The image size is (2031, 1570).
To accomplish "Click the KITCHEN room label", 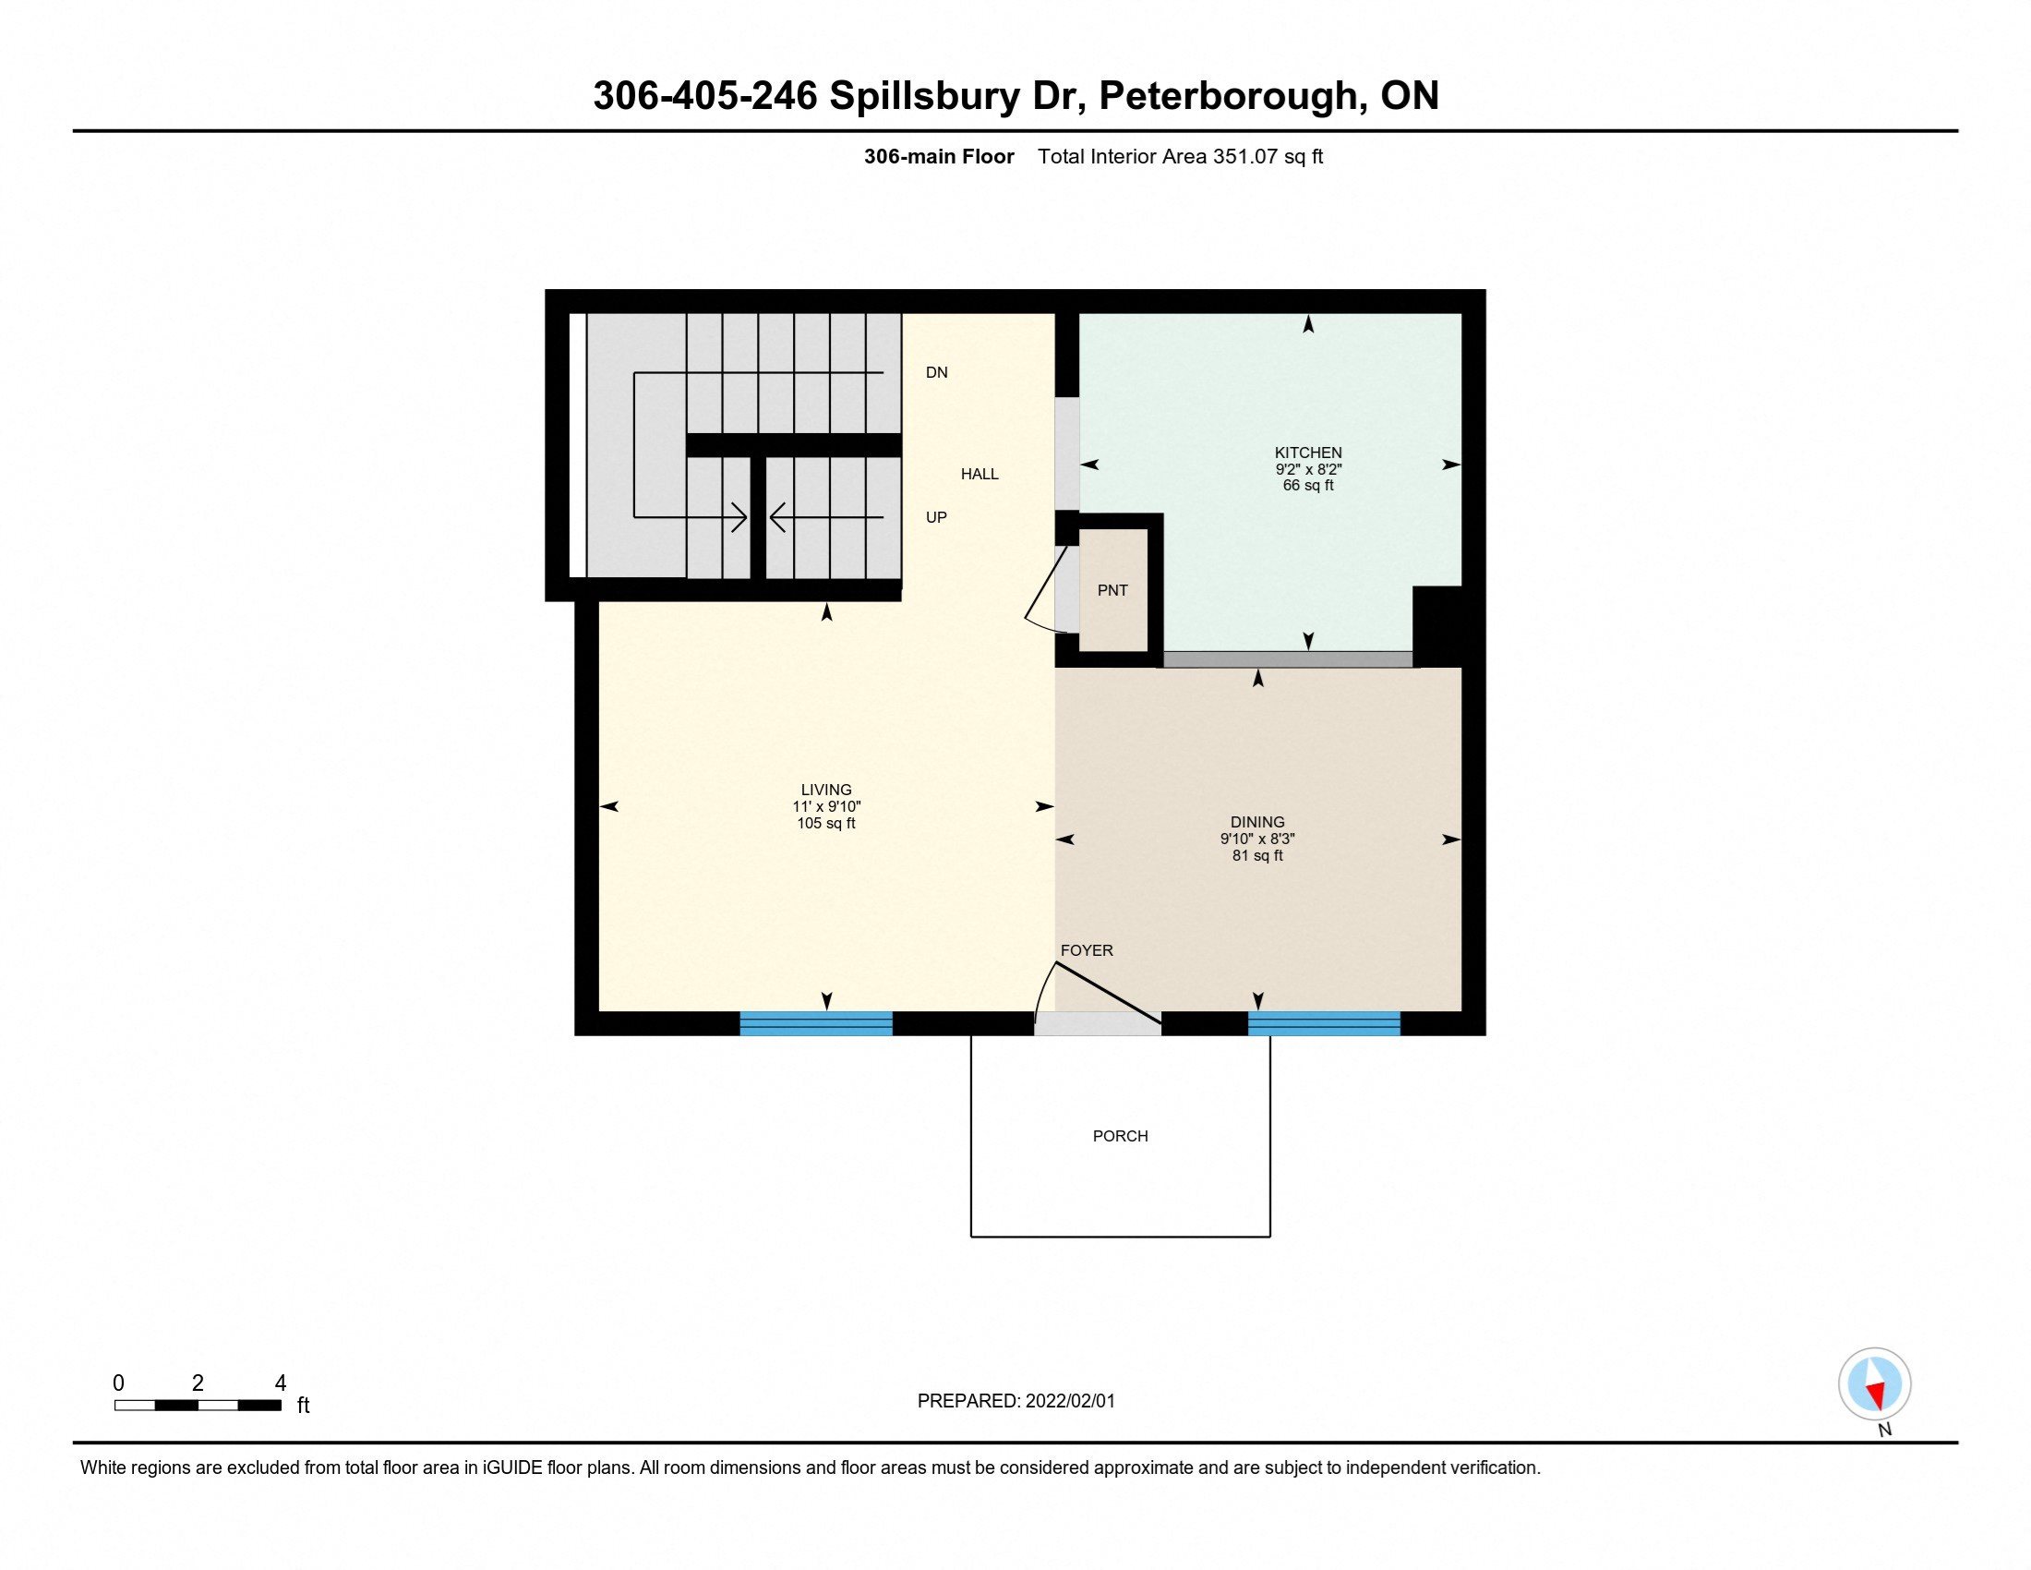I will click(x=1307, y=453).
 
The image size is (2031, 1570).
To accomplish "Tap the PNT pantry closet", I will click(x=1112, y=591).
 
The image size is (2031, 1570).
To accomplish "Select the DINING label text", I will click(x=1257, y=822).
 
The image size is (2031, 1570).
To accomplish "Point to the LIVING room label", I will click(x=826, y=790).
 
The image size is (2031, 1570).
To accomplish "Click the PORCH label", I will click(x=1120, y=1136).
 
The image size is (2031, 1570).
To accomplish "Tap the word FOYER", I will click(x=1087, y=950).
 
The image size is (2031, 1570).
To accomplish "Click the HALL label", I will click(x=979, y=475).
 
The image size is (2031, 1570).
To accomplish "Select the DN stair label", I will click(x=936, y=373).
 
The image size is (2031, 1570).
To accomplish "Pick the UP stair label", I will click(x=936, y=517).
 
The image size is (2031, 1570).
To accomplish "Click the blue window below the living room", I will click(x=815, y=1024).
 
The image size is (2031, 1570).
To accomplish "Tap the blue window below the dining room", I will click(x=1323, y=1024).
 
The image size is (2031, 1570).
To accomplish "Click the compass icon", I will click(x=1874, y=1383).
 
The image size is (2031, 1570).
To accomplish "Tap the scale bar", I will click(x=198, y=1406).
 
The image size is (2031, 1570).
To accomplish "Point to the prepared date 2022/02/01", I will click(x=1069, y=1401).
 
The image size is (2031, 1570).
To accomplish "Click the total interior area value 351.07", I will click(x=1245, y=157).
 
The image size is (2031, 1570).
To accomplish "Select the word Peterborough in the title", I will click(x=1232, y=96).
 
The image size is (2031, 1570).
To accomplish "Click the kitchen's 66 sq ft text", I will click(x=1307, y=486).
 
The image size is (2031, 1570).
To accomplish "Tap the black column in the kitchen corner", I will click(x=1436, y=625).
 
